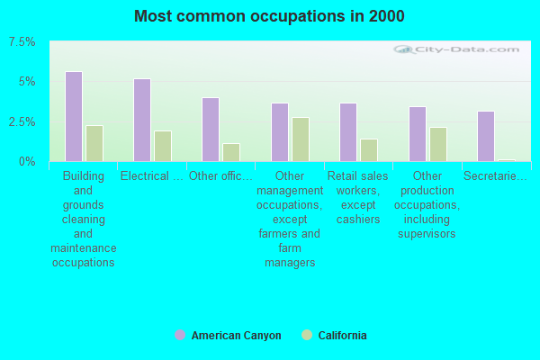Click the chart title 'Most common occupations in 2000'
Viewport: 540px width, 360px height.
[x=269, y=16]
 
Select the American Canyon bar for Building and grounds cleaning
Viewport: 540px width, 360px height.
[x=74, y=117]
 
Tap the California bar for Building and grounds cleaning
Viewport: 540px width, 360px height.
[x=94, y=144]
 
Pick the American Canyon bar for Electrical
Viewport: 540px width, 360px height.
[x=142, y=120]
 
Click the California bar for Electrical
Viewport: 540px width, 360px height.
[x=163, y=147]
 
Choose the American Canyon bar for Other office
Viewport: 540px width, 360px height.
[x=211, y=130]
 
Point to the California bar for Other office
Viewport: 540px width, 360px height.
[x=231, y=153]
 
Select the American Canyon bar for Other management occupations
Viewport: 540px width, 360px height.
[x=280, y=132]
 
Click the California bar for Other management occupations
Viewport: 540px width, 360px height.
[x=301, y=139]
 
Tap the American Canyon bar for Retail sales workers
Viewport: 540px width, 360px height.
[x=348, y=132]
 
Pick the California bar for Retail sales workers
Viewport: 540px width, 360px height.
[x=369, y=150]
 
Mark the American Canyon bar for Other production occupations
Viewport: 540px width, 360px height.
[x=418, y=134]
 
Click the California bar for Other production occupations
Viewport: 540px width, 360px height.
[x=438, y=144]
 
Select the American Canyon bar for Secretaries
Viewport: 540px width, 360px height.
[x=486, y=137]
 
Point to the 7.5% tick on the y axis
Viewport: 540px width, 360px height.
[x=22, y=42]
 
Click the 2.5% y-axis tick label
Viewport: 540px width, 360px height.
[x=22, y=121]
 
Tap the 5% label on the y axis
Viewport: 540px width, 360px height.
[x=27, y=82]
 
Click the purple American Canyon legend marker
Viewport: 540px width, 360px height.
[x=180, y=336]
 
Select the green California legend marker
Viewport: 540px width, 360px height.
[x=306, y=336]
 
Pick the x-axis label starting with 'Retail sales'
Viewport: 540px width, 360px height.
[x=357, y=198]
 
